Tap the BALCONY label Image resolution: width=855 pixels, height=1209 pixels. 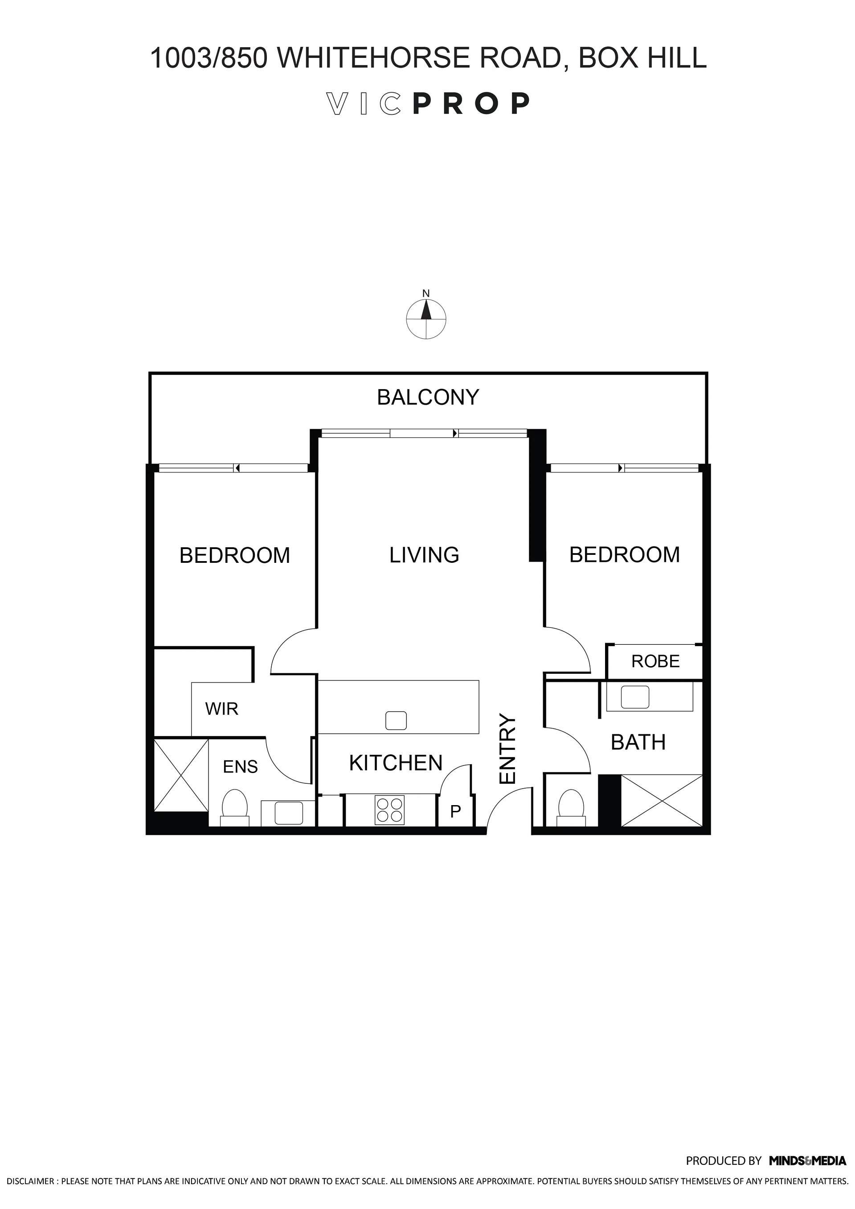[428, 398]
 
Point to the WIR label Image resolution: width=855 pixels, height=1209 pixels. [222, 709]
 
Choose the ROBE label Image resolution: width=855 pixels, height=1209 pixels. [655, 661]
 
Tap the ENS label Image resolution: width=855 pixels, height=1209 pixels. [240, 767]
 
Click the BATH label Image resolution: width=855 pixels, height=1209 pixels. [638, 742]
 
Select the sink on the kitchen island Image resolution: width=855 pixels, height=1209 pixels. [396, 721]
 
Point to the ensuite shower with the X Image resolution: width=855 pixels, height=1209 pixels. [181, 775]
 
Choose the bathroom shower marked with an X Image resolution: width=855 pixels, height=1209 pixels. [662, 800]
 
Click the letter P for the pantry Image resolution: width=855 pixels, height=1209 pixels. [456, 811]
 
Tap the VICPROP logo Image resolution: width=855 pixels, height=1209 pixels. [428, 104]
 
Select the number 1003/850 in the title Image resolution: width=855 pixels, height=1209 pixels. [209, 58]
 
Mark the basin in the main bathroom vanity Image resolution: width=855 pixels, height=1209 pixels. [635, 698]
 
